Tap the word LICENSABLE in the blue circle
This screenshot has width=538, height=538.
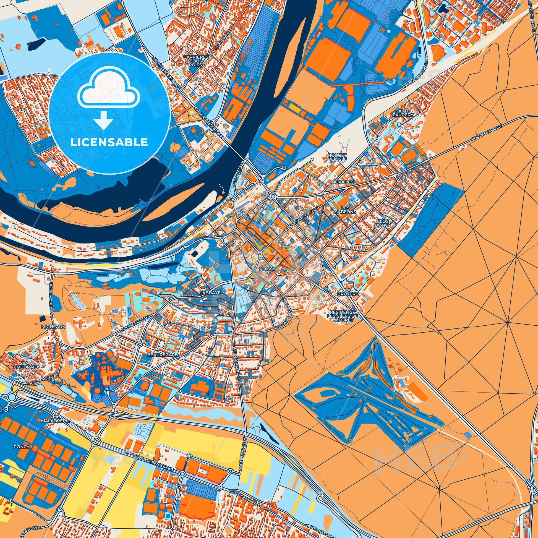[109, 142]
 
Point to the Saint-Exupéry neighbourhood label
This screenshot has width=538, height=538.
[403, 113]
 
